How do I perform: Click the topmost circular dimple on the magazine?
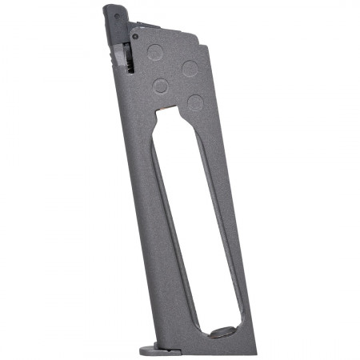pos(155,54)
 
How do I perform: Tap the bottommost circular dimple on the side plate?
pos(194,102)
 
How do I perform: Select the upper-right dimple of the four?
pos(190,68)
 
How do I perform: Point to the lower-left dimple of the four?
pos(161,86)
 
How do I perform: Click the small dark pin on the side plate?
pos(136,36)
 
